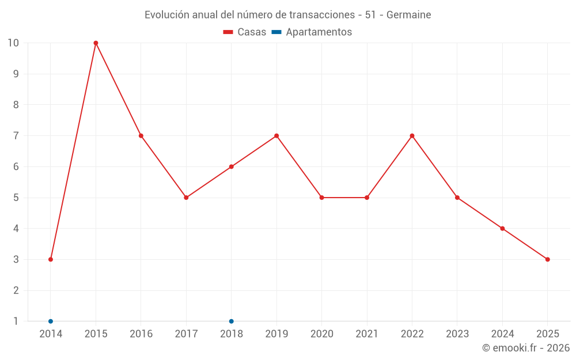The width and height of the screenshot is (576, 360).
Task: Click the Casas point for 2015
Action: pyautogui.click(x=96, y=43)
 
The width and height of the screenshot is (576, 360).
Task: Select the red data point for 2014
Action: pyautogui.click(x=51, y=259)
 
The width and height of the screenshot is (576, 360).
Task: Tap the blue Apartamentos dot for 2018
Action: pyautogui.click(x=232, y=321)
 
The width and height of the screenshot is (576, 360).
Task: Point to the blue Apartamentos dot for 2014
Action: pyautogui.click(x=51, y=321)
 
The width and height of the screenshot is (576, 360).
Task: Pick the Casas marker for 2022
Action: pyautogui.click(x=412, y=136)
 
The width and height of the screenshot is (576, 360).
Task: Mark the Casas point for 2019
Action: pyautogui.click(x=276, y=136)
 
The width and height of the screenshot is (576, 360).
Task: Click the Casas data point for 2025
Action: pyautogui.click(x=547, y=259)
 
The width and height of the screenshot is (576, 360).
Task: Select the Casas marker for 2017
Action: pyautogui.click(x=186, y=198)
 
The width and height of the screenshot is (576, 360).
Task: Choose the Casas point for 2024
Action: pyautogui.click(x=502, y=229)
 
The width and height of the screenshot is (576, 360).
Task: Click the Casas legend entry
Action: pyautogui.click(x=245, y=32)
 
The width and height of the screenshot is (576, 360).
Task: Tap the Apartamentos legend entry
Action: pyautogui.click(x=312, y=32)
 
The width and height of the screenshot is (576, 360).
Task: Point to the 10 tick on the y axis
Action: pyautogui.click(x=13, y=43)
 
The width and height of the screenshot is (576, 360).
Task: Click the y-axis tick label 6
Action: pyautogui.click(x=16, y=167)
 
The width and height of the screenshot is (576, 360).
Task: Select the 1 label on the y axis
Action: pyautogui.click(x=16, y=321)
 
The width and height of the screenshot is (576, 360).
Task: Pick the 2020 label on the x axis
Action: pyautogui.click(x=321, y=334)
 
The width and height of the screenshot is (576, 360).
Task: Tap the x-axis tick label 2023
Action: pyautogui.click(x=457, y=334)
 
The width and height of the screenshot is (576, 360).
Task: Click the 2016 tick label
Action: pyautogui.click(x=141, y=334)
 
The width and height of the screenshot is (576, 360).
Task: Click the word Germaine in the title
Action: pyautogui.click(x=408, y=15)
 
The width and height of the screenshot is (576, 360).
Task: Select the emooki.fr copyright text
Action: pyautogui.click(x=526, y=348)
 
